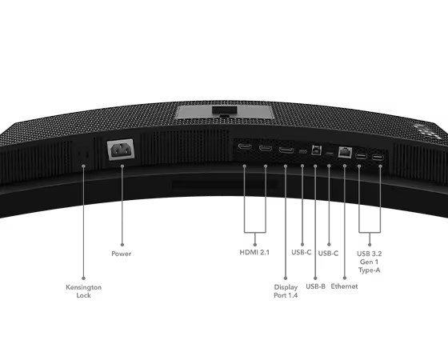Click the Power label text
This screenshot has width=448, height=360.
point(121,254)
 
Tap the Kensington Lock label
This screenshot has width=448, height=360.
point(83,291)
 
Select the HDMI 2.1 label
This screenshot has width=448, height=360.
point(254,252)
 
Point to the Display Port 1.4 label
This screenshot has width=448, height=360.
point(286,291)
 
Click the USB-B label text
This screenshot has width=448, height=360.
point(315,286)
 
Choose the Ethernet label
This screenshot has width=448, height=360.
point(344,286)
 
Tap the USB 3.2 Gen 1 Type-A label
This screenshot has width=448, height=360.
point(370,262)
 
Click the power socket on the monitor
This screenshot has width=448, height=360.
point(121,149)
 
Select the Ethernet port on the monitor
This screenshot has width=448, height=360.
point(345,152)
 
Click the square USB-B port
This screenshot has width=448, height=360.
point(316,150)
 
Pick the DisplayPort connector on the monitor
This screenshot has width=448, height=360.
point(286,150)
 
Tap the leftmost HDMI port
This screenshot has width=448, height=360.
point(245,147)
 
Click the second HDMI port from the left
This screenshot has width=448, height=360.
point(266,148)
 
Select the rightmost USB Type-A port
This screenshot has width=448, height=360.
point(378,157)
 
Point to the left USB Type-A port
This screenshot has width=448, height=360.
point(361,156)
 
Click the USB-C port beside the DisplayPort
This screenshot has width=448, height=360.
point(303,151)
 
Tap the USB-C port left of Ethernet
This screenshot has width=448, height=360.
point(330,154)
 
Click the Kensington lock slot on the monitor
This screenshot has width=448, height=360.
point(83,154)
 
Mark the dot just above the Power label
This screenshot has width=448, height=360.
point(122,245)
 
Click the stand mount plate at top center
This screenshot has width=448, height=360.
point(224,112)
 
